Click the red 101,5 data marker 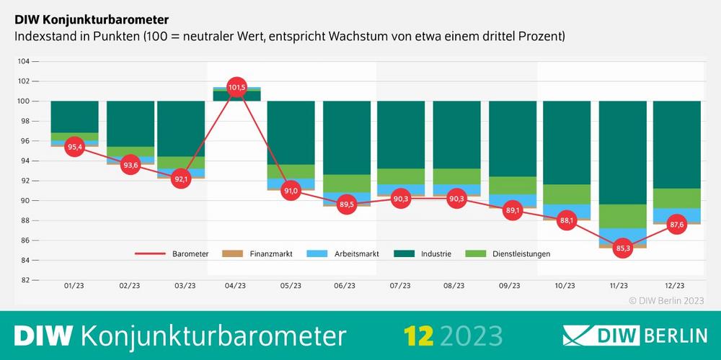tap(236, 87)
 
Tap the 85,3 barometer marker tap(622, 249)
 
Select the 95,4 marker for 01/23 tap(74, 148)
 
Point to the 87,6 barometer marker tap(676, 224)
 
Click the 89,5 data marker tap(346, 204)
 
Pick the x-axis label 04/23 tap(236, 286)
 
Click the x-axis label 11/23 tap(622, 286)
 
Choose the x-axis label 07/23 tap(401, 286)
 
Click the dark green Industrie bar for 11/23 tap(622, 151)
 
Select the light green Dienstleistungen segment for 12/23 tap(677, 198)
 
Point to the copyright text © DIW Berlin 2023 tap(667, 300)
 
